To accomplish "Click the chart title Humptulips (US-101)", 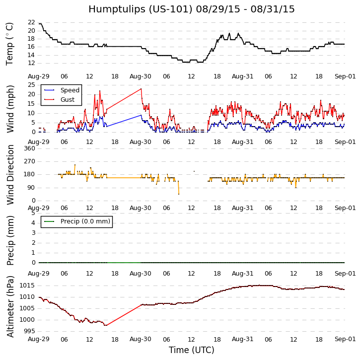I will [x=191, y=9].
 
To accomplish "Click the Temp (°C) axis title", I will [x=10, y=44].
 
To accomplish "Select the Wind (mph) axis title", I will [x=10, y=109].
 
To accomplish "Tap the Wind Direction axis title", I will [x=10, y=175].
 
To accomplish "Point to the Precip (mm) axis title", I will [x=10, y=240].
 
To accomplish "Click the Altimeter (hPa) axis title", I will [x=10, y=306].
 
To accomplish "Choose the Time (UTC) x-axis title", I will [x=191, y=350].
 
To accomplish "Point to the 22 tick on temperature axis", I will [x=31, y=23].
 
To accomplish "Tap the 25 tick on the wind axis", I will [x=31, y=85].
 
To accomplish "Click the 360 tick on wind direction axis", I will [x=29, y=148].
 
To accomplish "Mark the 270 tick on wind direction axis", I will [x=29, y=161].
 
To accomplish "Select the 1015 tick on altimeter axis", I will [x=28, y=286].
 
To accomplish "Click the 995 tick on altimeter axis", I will [x=29, y=331].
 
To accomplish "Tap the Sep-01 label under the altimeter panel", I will [x=345, y=339].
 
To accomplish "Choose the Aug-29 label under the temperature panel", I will [x=39, y=76].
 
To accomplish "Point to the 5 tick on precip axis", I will [x=33, y=213].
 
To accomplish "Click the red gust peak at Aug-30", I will [x=141, y=89].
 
